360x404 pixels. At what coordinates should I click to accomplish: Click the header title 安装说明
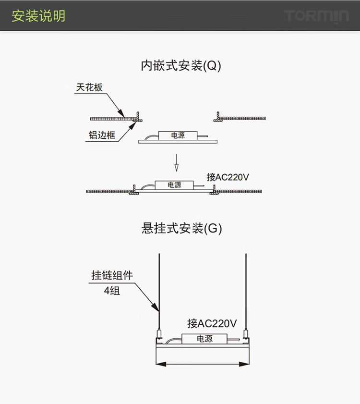coord(38,16)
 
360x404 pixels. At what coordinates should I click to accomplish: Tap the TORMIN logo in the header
coord(316,16)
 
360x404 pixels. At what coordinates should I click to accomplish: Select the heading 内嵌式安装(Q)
coord(180,66)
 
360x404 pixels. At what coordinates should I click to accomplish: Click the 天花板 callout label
coord(89,87)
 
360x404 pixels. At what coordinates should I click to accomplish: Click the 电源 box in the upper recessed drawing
coord(178,135)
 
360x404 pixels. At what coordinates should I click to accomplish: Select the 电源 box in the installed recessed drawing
coord(174,184)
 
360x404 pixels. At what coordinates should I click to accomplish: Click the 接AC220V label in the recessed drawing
coord(228,177)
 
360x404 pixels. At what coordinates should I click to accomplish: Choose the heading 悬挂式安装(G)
coord(181,228)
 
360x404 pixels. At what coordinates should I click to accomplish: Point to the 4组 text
coord(111,290)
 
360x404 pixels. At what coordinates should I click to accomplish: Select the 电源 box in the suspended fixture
coord(204,339)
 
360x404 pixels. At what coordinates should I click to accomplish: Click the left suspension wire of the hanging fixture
coord(159,288)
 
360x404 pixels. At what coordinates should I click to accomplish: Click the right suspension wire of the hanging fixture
coord(246,288)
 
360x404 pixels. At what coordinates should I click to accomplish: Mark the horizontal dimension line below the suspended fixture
coord(202,364)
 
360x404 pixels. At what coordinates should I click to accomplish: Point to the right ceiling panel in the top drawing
coord(242,118)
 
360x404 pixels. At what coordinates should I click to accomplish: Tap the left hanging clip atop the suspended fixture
coord(159,333)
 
